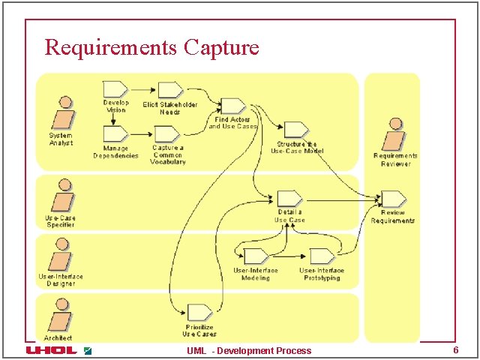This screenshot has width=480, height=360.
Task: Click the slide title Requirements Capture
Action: (x=151, y=47)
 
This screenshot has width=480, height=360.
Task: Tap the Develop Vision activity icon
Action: (x=115, y=88)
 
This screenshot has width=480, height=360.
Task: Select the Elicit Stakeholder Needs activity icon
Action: (x=170, y=89)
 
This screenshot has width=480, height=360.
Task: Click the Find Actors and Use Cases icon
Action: (x=232, y=106)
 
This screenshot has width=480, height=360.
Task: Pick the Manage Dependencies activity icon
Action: (x=115, y=133)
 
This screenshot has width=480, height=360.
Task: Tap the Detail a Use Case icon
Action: (x=289, y=198)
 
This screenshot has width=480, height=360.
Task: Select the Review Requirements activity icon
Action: (x=392, y=199)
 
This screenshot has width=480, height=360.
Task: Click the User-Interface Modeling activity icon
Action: (x=256, y=256)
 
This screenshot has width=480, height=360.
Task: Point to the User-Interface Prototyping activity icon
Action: (x=322, y=256)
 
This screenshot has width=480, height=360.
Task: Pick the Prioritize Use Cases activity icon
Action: (x=199, y=312)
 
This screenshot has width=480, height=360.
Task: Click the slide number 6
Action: (x=455, y=350)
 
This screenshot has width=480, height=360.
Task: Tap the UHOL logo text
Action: (x=51, y=350)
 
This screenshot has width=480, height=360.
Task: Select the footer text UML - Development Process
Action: (x=249, y=351)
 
